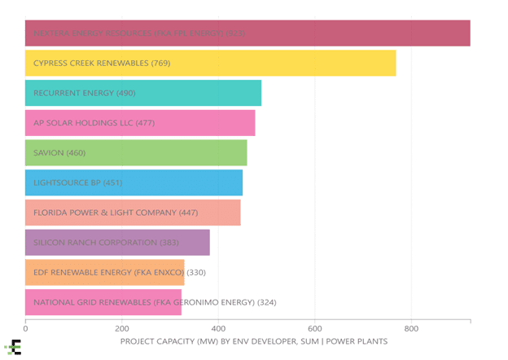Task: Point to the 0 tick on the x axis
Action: click(25, 329)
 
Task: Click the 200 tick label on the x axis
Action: click(121, 329)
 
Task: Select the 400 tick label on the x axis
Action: click(218, 329)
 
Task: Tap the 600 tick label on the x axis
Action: click(315, 329)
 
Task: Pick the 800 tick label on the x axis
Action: click(411, 329)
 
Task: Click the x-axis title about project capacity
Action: click(253, 340)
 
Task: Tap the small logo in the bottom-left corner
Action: click(13, 348)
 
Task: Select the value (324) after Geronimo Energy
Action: click(266, 302)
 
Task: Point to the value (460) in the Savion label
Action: click(75, 152)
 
